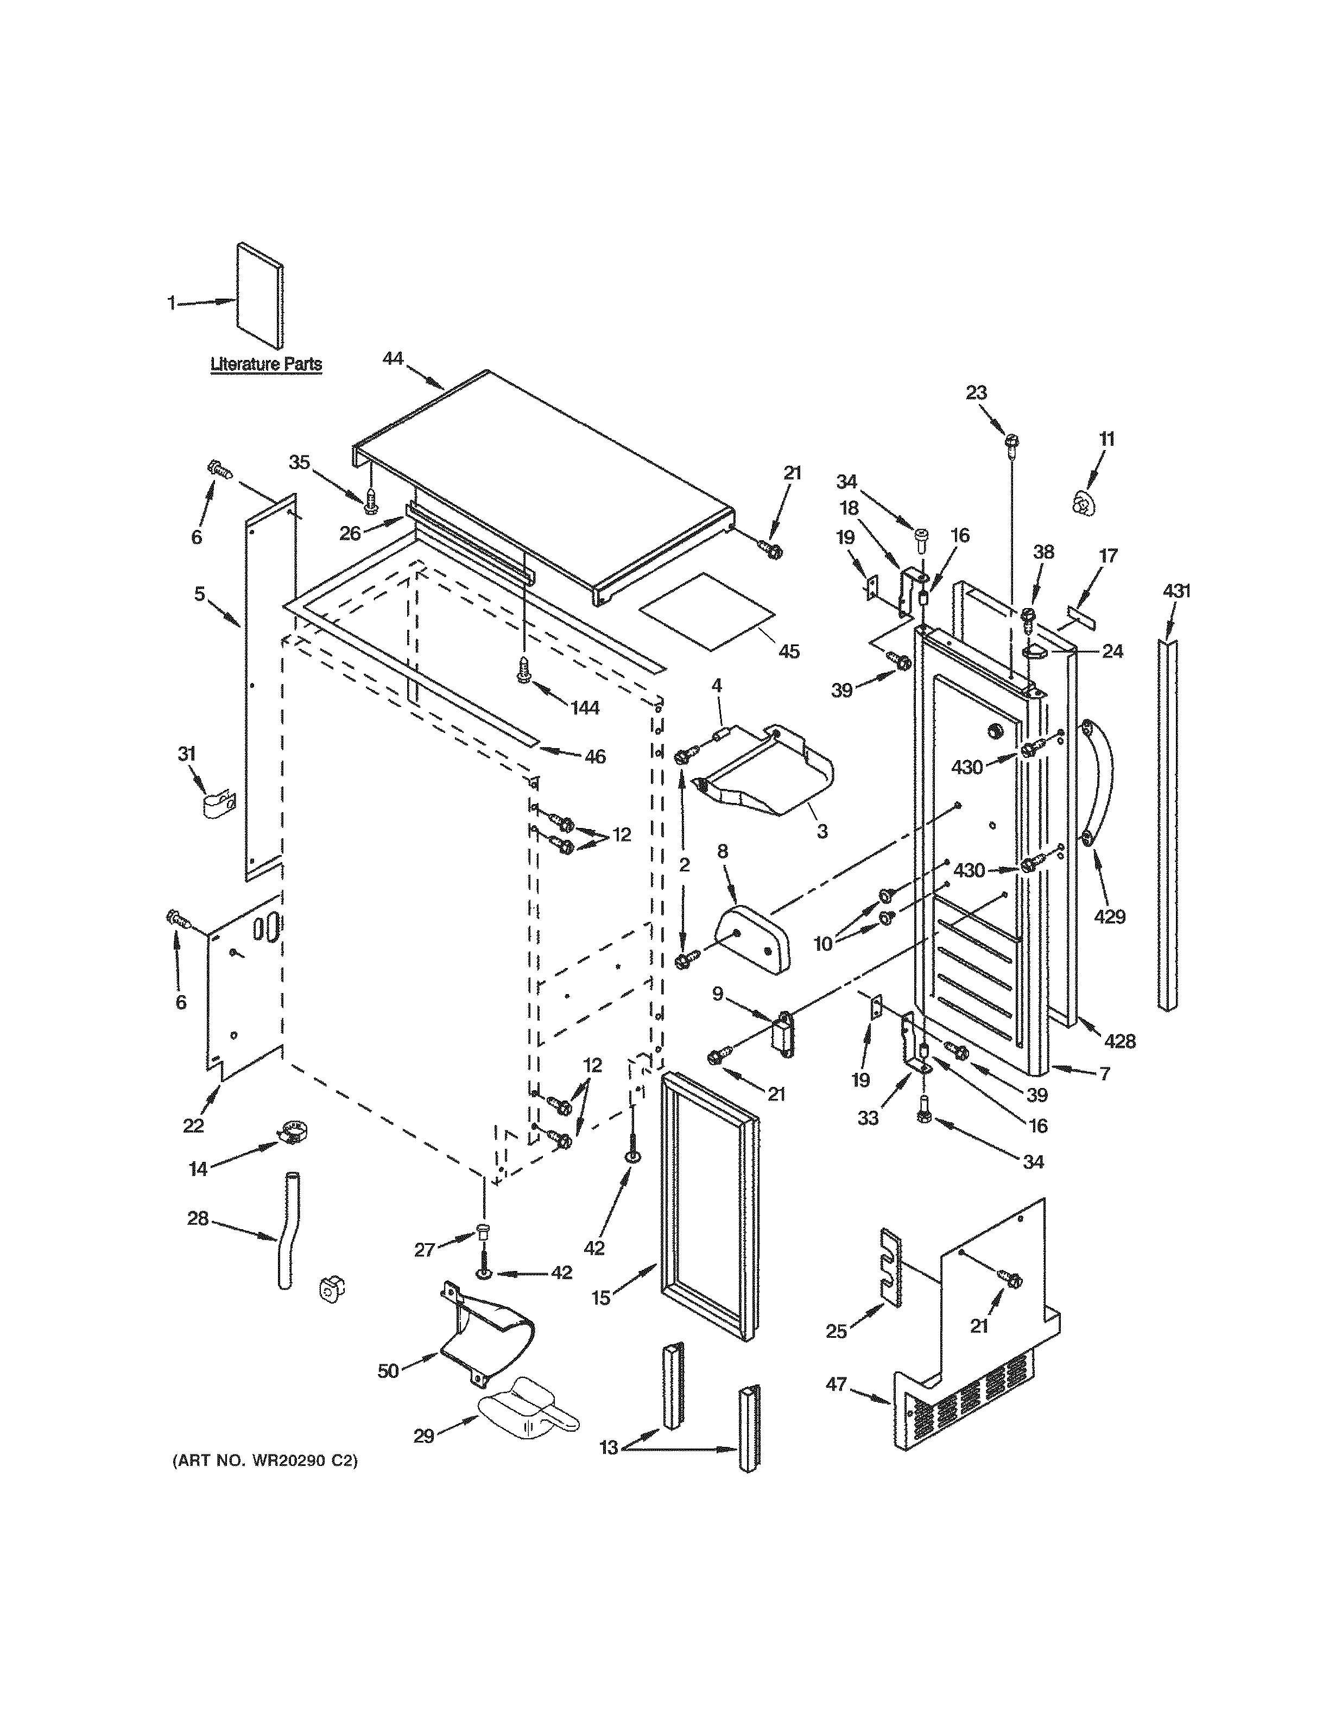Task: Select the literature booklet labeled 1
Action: pyautogui.click(x=261, y=296)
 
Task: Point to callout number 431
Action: pyautogui.click(x=1176, y=591)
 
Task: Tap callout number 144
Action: pyautogui.click(x=585, y=708)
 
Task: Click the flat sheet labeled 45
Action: pyautogui.click(x=707, y=610)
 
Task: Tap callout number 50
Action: pyautogui.click(x=388, y=1371)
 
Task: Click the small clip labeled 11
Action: pyautogui.click(x=1084, y=502)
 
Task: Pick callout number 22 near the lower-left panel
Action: pyautogui.click(x=194, y=1125)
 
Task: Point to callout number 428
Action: pyautogui.click(x=1119, y=1041)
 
